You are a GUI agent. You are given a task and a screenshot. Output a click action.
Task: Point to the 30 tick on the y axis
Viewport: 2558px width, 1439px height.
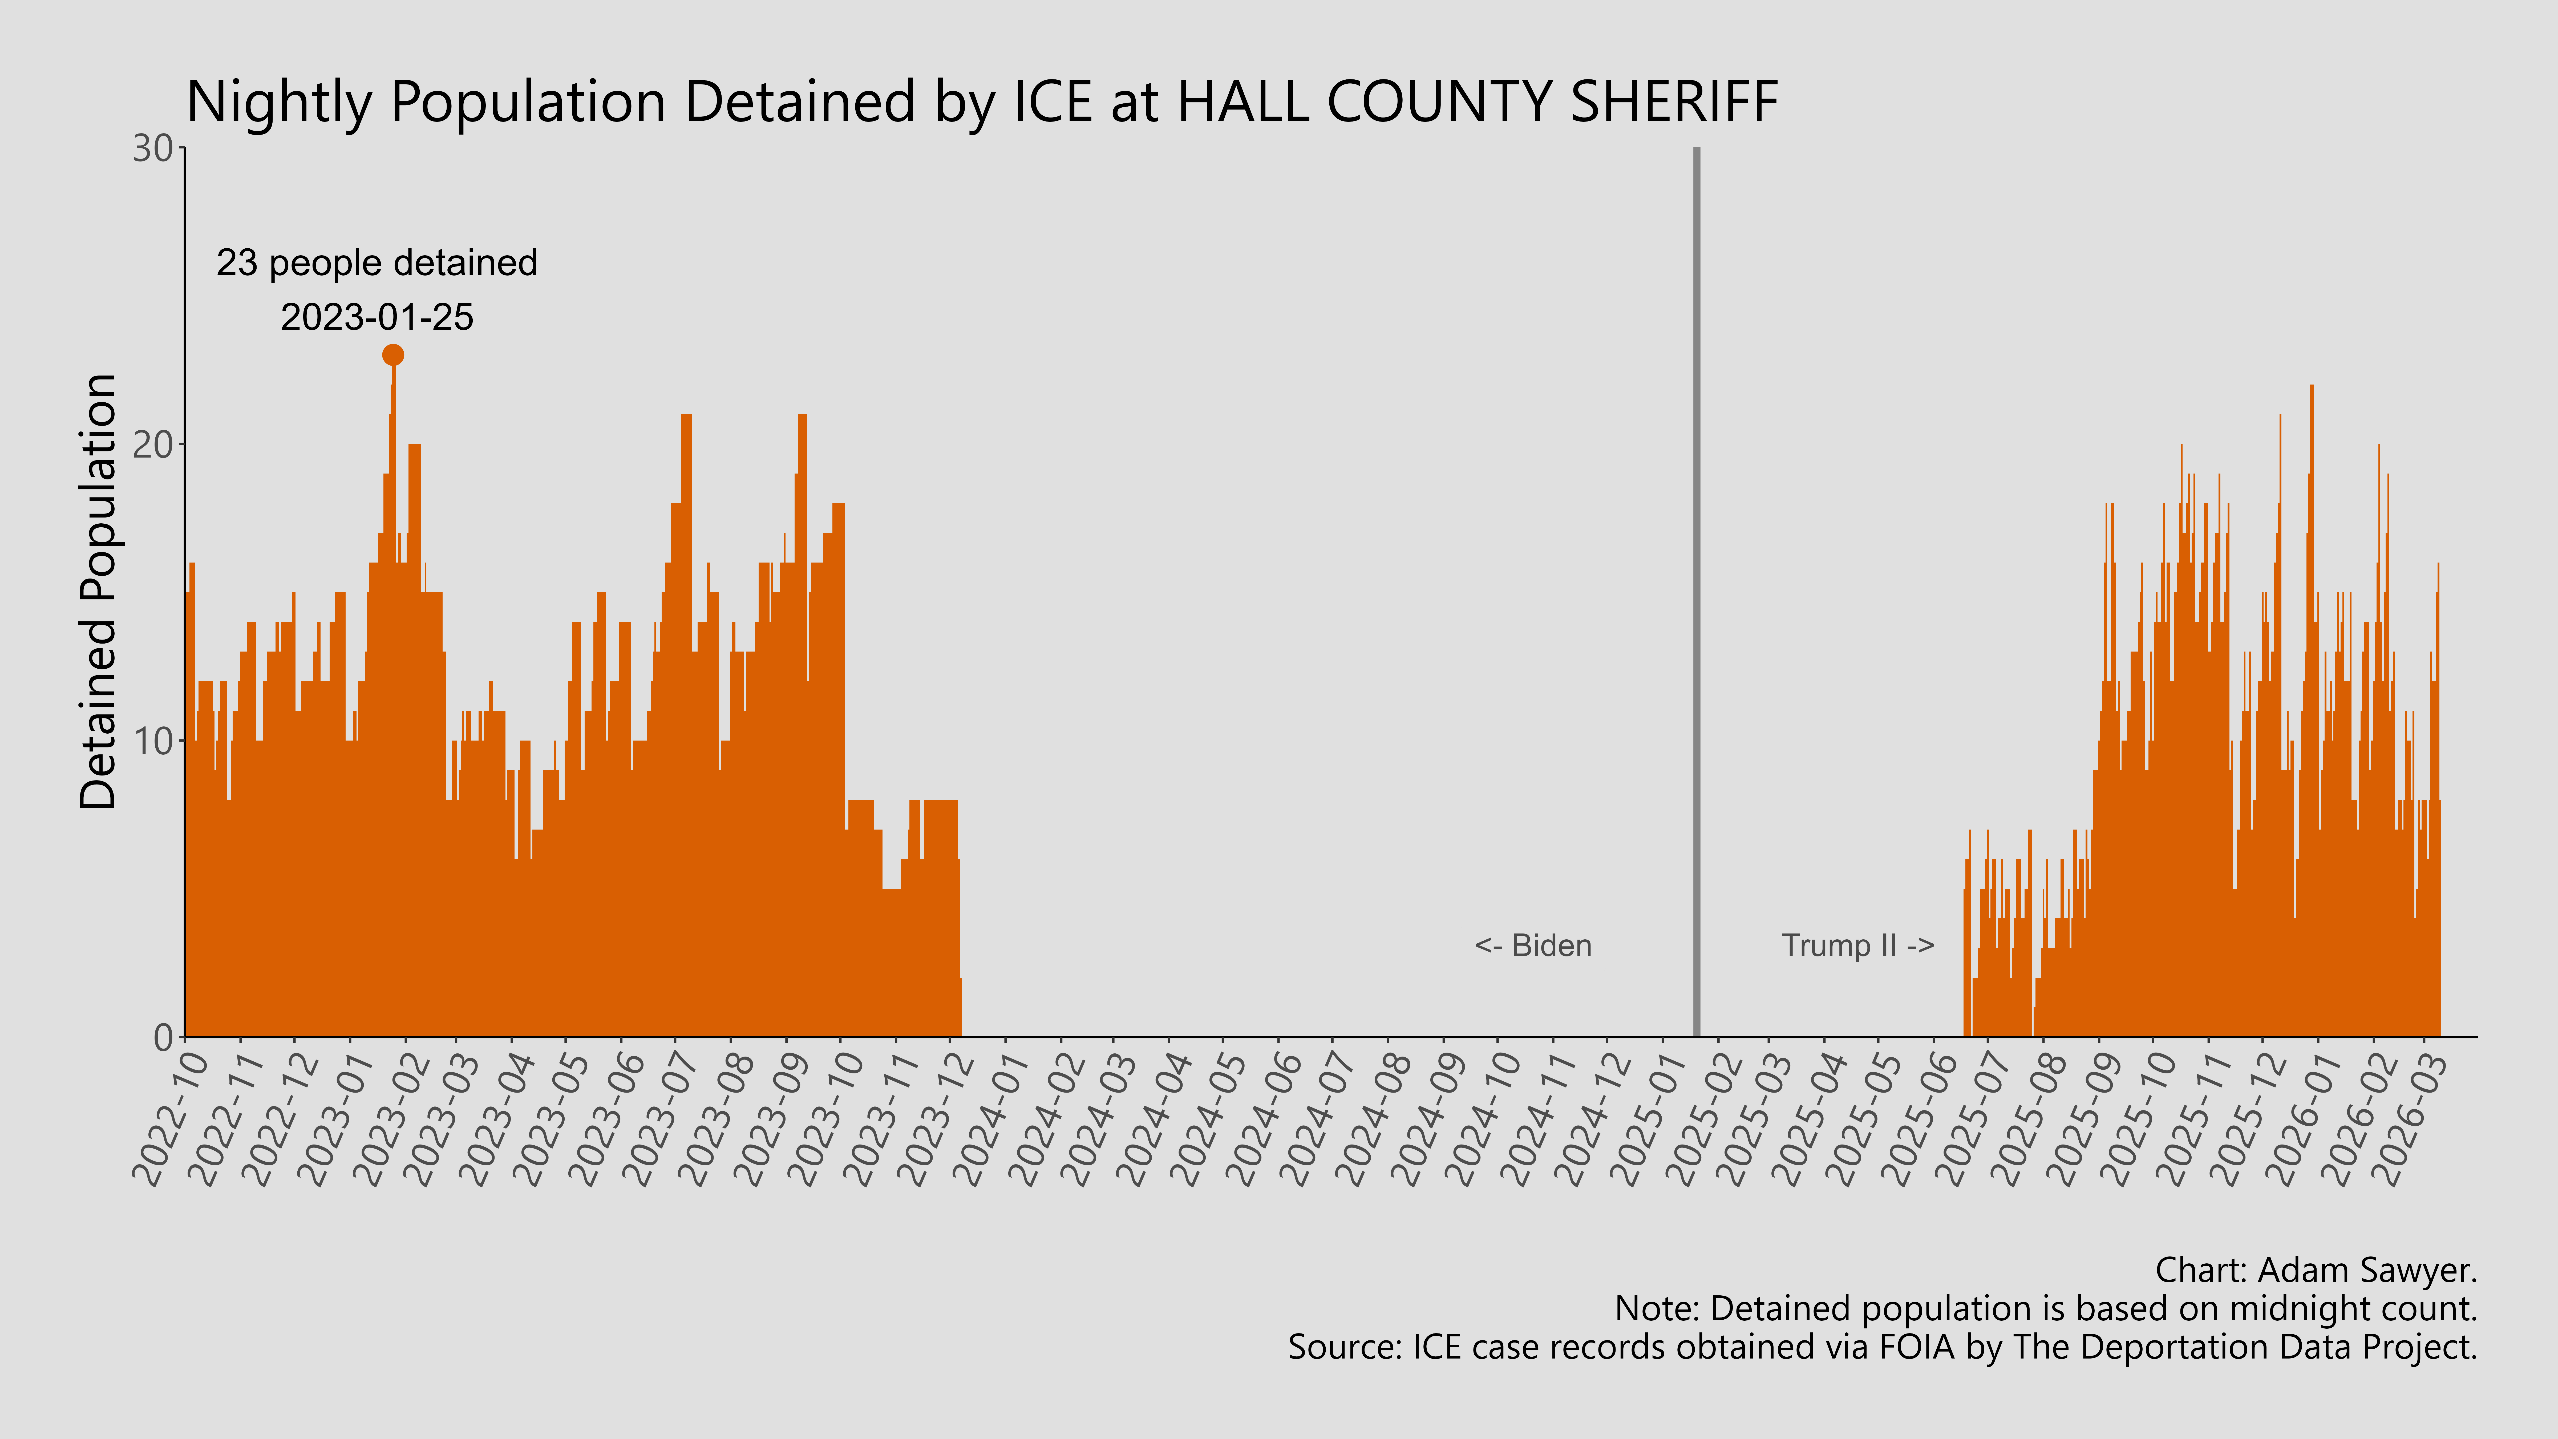tap(154, 149)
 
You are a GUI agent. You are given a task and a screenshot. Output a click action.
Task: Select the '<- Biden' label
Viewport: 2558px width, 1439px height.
tap(1533, 945)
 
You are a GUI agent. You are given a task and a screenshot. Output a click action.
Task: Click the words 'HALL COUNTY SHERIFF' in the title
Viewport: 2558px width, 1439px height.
tap(1478, 102)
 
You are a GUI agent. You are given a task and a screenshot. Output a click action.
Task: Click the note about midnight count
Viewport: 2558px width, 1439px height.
tap(2046, 1309)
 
